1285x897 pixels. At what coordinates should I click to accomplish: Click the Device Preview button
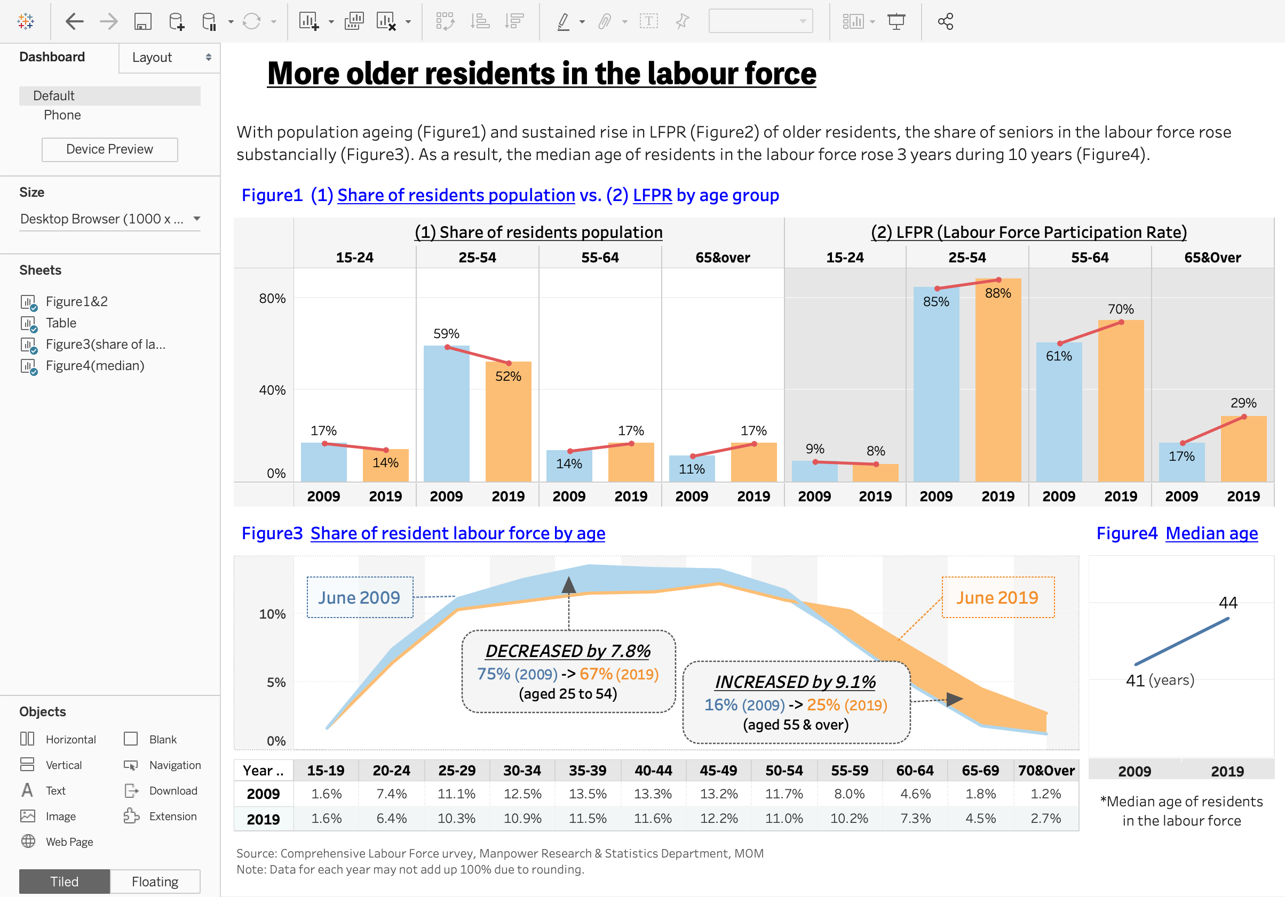pyautogui.click(x=110, y=149)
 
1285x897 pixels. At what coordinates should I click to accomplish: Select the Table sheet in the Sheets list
pyautogui.click(x=61, y=323)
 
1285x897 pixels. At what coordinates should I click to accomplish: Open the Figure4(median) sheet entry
pyautogui.click(x=94, y=366)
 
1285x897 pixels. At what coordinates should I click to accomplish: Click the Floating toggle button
pyautogui.click(x=155, y=882)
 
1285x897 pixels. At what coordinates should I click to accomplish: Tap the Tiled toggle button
pyautogui.click(x=65, y=882)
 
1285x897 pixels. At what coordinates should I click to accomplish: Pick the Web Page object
pyautogui.click(x=69, y=842)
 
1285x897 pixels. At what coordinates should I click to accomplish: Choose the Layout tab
pyautogui.click(x=152, y=58)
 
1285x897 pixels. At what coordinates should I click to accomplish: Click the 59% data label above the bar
pyautogui.click(x=446, y=334)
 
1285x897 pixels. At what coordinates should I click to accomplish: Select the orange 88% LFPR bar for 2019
pyautogui.click(x=998, y=380)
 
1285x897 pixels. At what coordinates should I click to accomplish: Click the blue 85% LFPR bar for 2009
pyautogui.click(x=936, y=386)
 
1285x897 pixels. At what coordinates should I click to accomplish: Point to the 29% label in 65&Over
pyautogui.click(x=1243, y=403)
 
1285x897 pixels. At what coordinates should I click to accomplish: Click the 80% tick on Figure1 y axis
pyautogui.click(x=272, y=299)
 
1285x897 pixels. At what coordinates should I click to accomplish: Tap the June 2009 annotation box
pyautogui.click(x=359, y=597)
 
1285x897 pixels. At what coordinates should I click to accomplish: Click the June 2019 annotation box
pyautogui.click(x=997, y=597)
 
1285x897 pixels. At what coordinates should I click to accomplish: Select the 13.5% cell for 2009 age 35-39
pyautogui.click(x=588, y=794)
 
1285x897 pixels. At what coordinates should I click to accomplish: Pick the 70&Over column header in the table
pyautogui.click(x=1046, y=771)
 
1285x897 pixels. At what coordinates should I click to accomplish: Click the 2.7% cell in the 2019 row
pyautogui.click(x=1045, y=819)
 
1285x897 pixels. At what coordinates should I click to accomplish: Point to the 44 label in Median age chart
pyautogui.click(x=1228, y=603)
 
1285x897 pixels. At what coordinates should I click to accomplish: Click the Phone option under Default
pyautogui.click(x=62, y=115)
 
